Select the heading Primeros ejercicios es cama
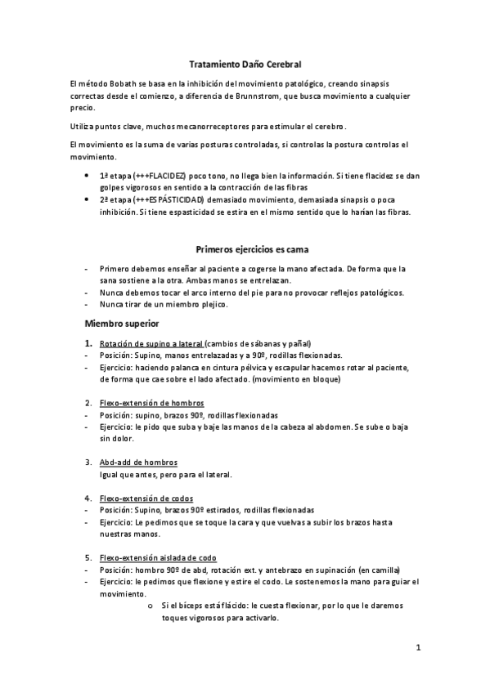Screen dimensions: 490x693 pyautogui.click(x=251, y=248)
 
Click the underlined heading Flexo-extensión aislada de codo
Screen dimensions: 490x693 pyautogui.click(x=158, y=557)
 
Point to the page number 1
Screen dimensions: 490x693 pyautogui.click(x=417, y=649)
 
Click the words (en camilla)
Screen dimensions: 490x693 pyautogui.click(x=380, y=570)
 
